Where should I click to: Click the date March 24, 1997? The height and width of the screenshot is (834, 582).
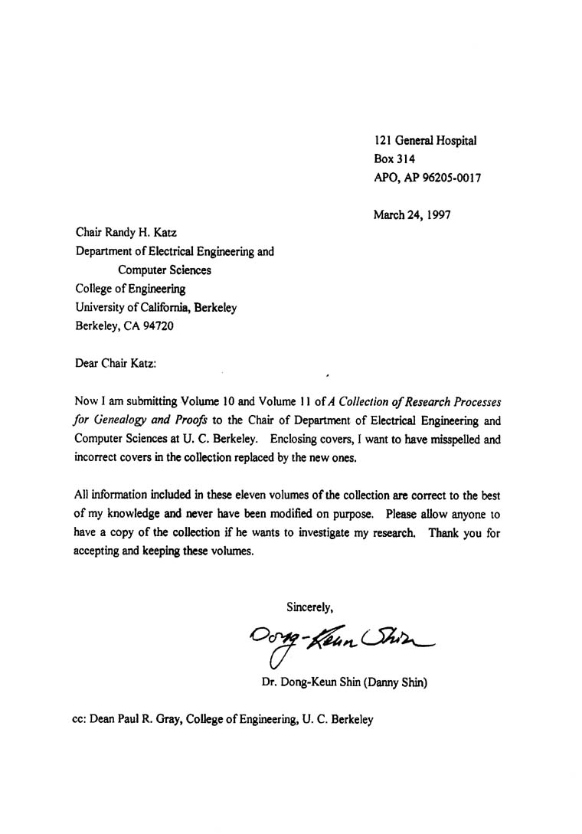[412, 214]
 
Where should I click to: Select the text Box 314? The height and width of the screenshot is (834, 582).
[394, 159]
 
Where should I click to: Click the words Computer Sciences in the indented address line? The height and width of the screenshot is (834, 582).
[165, 270]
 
